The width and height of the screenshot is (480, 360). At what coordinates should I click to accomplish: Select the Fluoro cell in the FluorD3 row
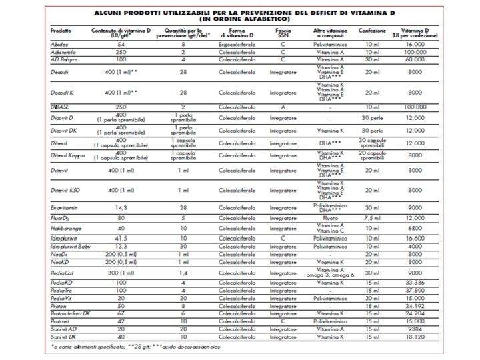click(332, 217)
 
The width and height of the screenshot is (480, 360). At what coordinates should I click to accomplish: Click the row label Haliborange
click(65, 227)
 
